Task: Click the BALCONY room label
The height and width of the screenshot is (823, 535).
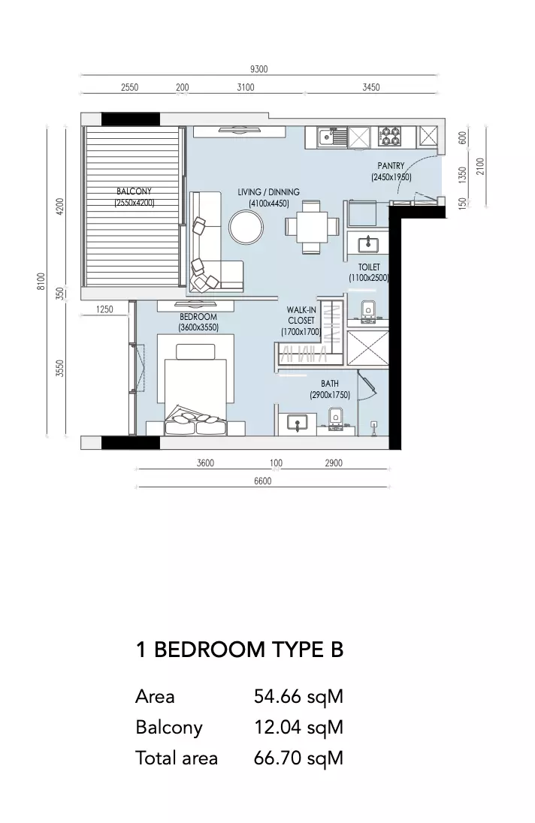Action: pyautogui.click(x=134, y=191)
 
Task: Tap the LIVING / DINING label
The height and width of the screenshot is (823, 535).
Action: pyautogui.click(x=269, y=192)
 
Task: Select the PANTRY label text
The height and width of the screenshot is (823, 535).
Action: pyautogui.click(x=391, y=166)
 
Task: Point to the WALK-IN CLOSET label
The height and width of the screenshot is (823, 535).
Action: pyautogui.click(x=301, y=315)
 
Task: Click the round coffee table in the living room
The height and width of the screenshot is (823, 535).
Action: pyautogui.click(x=246, y=227)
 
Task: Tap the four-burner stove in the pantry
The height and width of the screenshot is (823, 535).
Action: pyautogui.click(x=390, y=137)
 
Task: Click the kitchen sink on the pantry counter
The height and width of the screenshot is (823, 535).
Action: pyautogui.click(x=333, y=137)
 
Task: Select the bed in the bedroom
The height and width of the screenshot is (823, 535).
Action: pyautogui.click(x=196, y=390)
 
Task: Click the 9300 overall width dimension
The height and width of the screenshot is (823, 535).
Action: pyautogui.click(x=258, y=69)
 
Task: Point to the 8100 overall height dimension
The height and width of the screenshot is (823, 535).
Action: pyautogui.click(x=41, y=282)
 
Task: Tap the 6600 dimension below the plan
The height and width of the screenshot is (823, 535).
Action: pyautogui.click(x=262, y=481)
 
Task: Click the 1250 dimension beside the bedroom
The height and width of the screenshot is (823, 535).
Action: pyautogui.click(x=104, y=309)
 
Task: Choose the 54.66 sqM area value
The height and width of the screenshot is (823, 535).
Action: pyautogui.click(x=298, y=697)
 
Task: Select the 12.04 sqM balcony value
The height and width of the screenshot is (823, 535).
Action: pyautogui.click(x=298, y=727)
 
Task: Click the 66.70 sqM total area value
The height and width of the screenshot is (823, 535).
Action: pyautogui.click(x=298, y=758)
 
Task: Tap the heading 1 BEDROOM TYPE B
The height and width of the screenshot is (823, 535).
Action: pyautogui.click(x=240, y=650)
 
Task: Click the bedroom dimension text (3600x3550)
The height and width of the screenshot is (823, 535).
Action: pyautogui.click(x=198, y=327)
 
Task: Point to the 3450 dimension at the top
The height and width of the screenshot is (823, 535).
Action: pyautogui.click(x=371, y=87)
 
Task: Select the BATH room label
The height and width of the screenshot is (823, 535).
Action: pyautogui.click(x=330, y=384)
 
